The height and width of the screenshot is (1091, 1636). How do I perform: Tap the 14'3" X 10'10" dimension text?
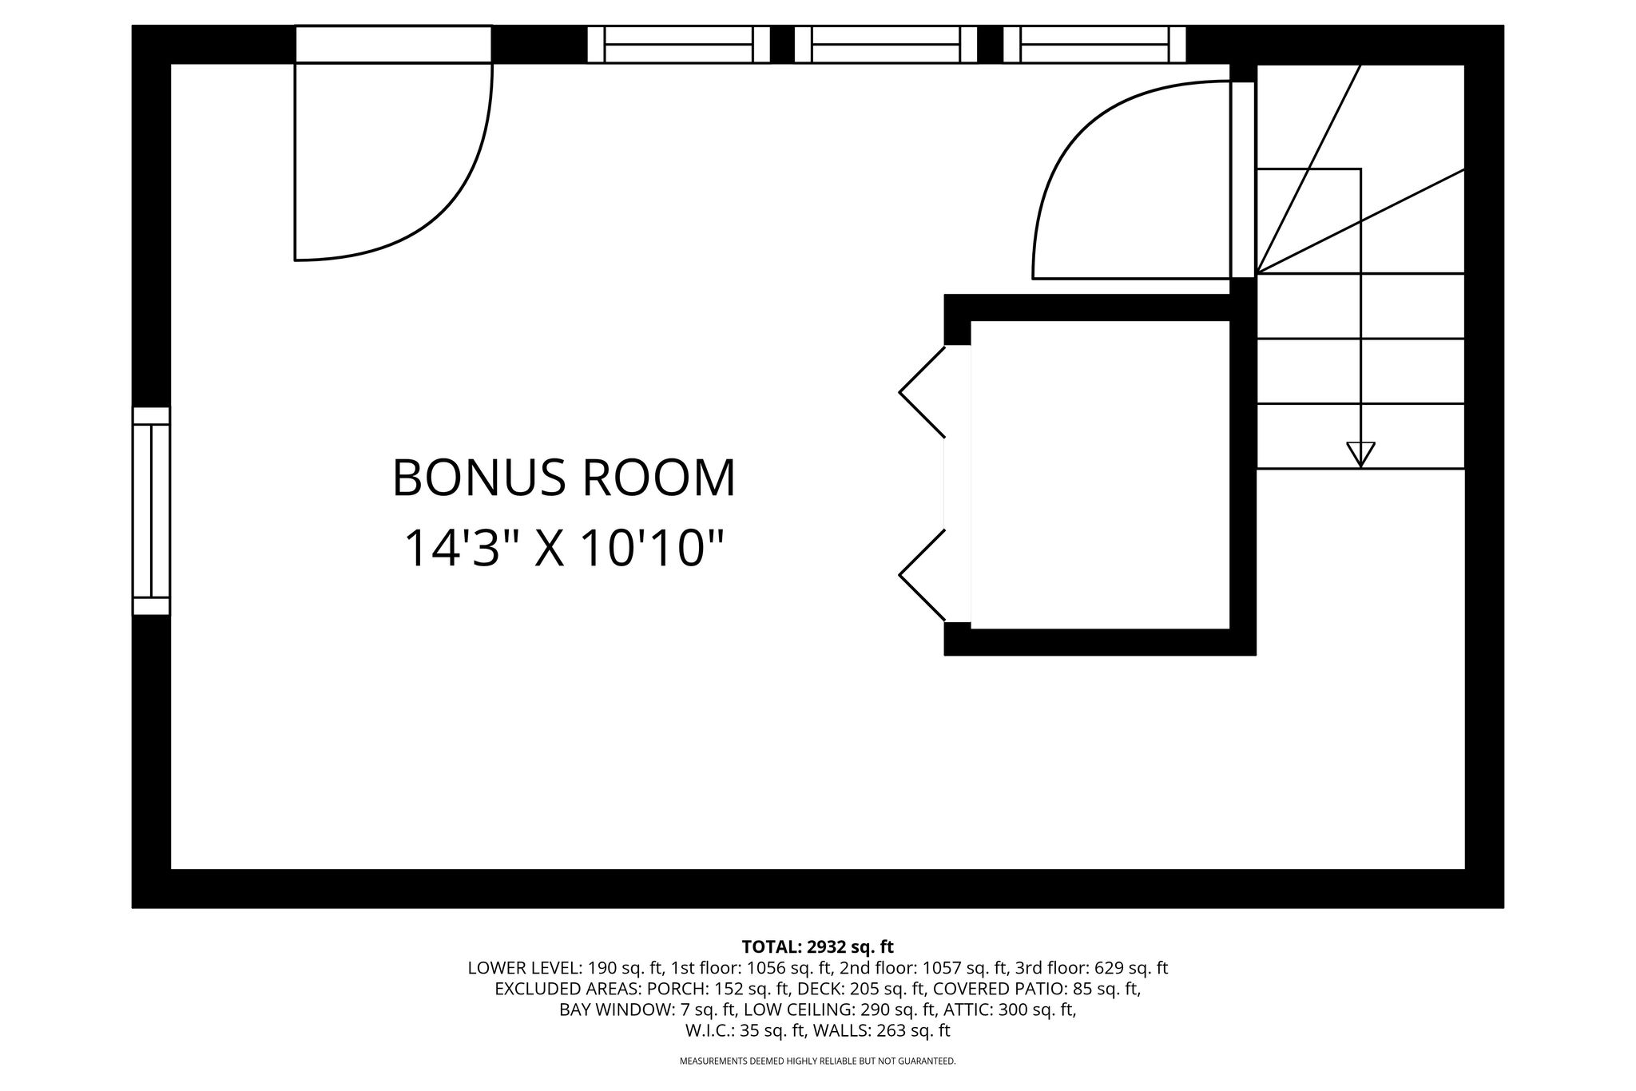(564, 548)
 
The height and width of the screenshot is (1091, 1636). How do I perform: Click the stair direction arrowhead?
(1360, 454)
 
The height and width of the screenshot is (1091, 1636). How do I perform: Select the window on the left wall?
(151, 511)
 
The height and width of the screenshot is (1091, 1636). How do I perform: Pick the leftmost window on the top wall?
(679, 44)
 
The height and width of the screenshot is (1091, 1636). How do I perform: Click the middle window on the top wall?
(886, 44)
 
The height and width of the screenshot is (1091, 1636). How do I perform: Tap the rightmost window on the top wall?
(1094, 44)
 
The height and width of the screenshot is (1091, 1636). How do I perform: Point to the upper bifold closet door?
(923, 391)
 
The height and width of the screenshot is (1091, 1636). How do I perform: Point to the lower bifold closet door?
(923, 575)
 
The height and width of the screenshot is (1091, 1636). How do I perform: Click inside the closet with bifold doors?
(1100, 475)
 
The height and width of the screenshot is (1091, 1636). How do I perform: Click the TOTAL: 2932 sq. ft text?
(817, 947)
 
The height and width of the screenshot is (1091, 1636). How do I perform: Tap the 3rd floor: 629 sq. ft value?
(1091, 968)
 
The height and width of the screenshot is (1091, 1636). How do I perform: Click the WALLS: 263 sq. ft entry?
(881, 1030)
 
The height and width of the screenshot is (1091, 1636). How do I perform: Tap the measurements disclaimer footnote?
(817, 1061)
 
